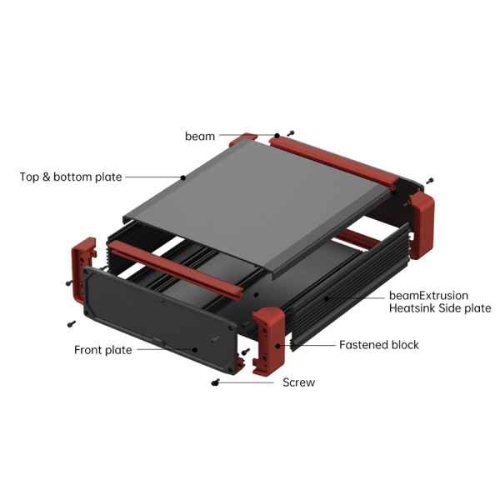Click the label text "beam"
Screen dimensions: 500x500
[x=200, y=136]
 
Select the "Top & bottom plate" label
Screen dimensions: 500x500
[x=71, y=177]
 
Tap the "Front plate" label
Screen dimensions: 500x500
[x=103, y=350]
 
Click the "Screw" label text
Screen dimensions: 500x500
[x=299, y=382]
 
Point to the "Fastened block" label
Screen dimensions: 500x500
[x=379, y=345]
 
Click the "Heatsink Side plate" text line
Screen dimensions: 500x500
[x=440, y=308]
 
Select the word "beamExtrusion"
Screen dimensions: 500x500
[x=428, y=296]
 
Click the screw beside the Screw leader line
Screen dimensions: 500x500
[x=216, y=382]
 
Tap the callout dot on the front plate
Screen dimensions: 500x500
[x=195, y=350]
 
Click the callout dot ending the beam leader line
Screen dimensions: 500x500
[x=277, y=136]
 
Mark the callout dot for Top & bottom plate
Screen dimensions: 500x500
[x=183, y=177]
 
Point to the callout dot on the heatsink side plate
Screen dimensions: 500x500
[x=327, y=298]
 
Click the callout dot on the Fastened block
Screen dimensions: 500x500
[x=278, y=346]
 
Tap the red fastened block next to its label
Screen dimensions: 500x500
[x=269, y=340]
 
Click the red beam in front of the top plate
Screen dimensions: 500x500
[x=175, y=269]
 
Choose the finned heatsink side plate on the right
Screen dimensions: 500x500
[x=351, y=287]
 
